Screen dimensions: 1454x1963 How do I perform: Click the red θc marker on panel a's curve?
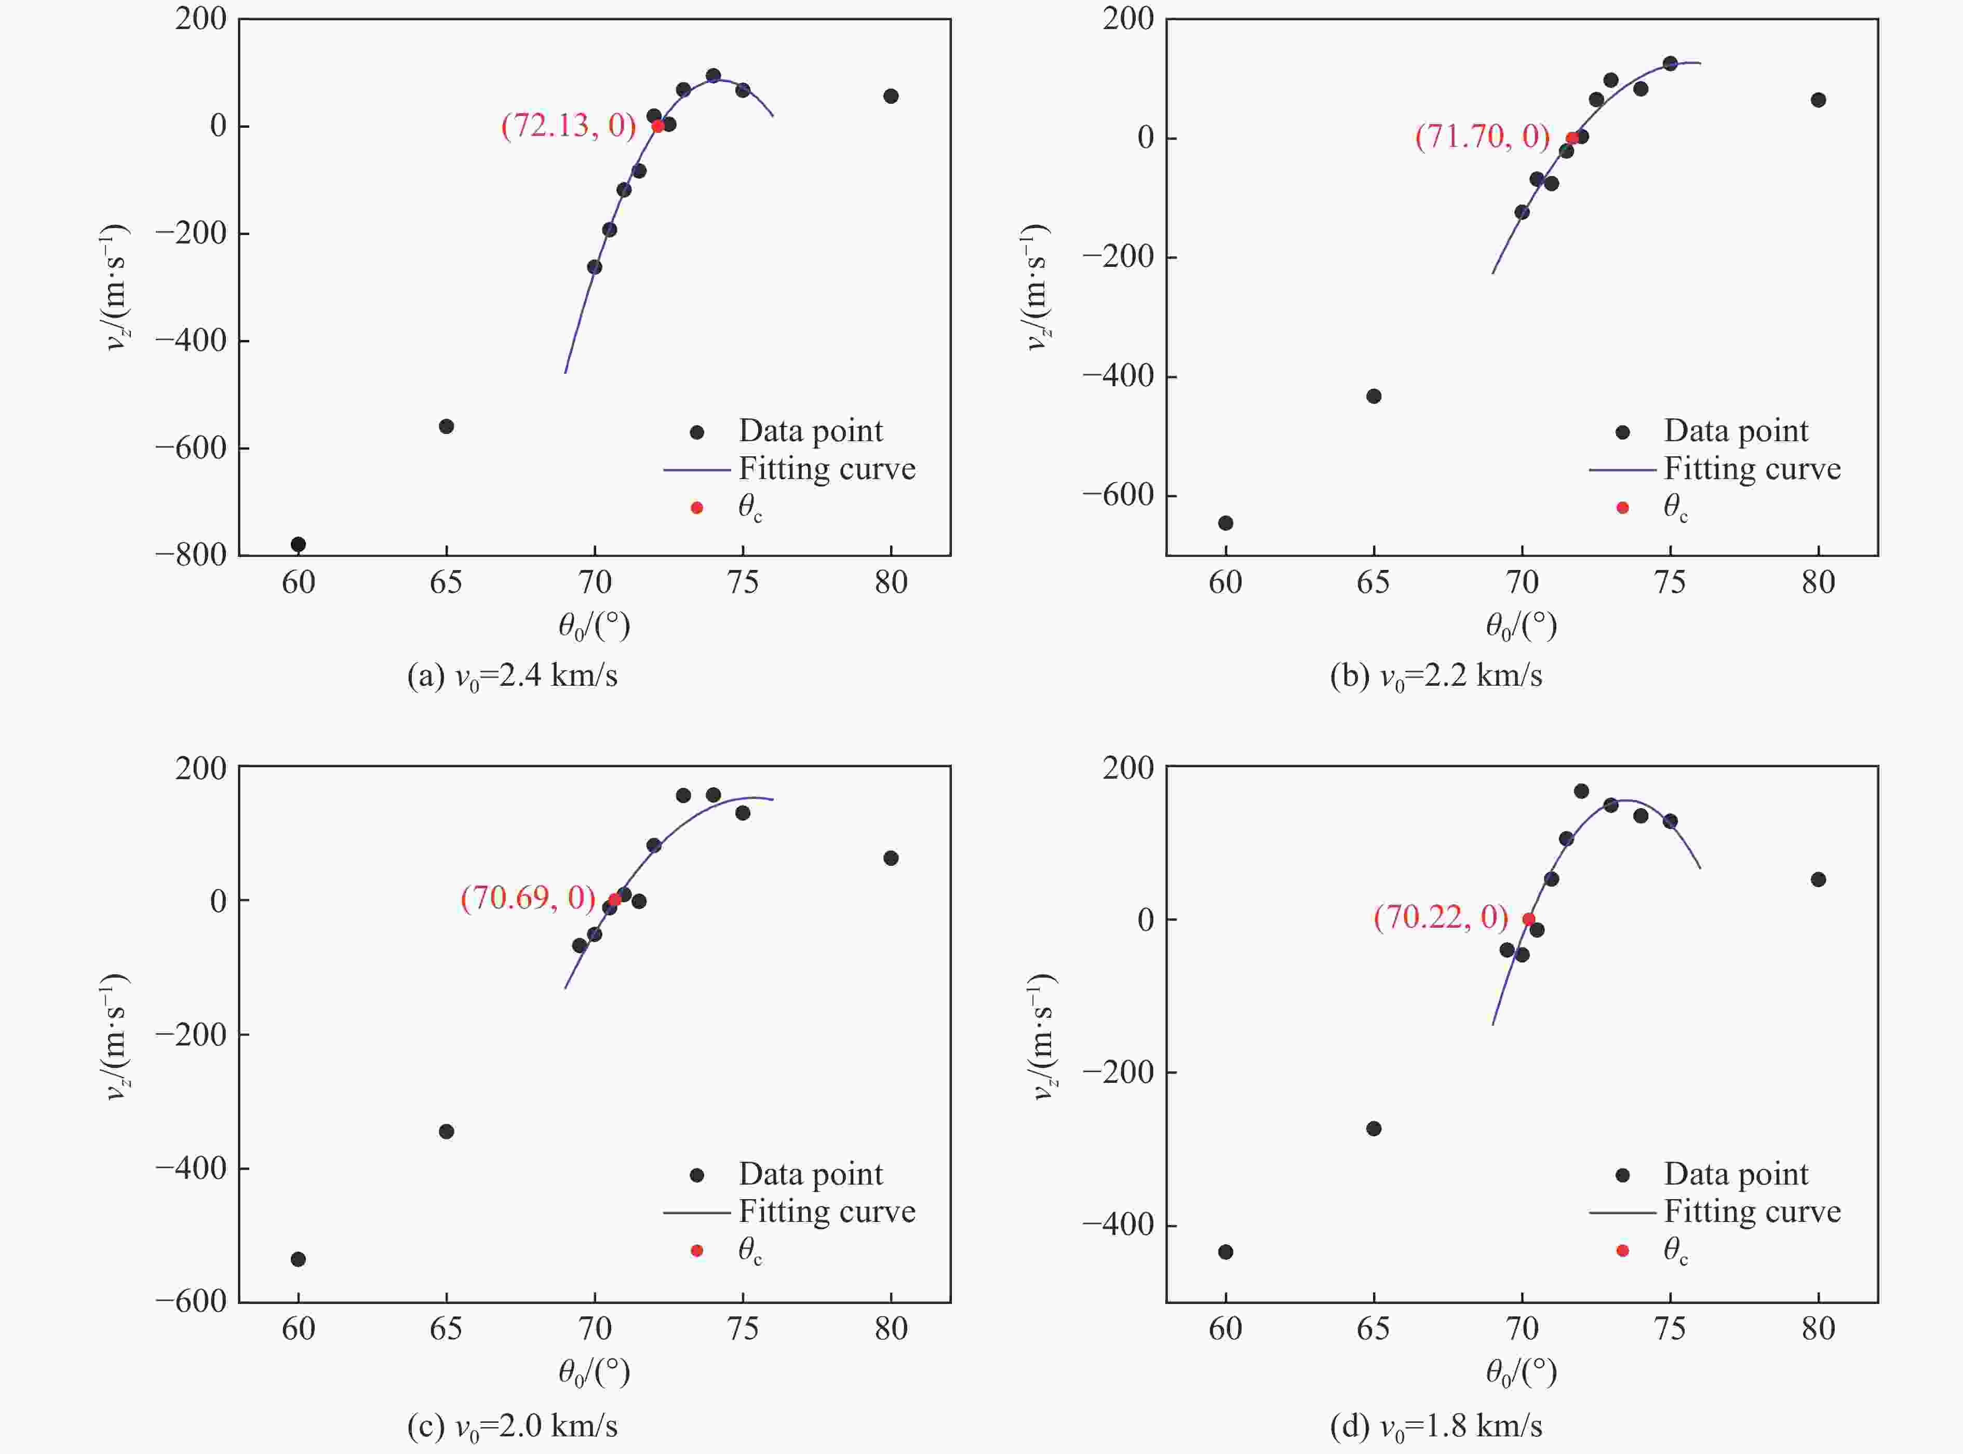click(657, 126)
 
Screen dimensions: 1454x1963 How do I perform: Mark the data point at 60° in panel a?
click(299, 544)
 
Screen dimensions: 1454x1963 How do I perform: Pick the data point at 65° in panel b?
click(1373, 396)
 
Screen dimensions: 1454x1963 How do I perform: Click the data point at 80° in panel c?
click(891, 858)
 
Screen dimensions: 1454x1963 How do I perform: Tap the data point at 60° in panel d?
click(1226, 1252)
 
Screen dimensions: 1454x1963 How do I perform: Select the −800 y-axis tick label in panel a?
click(191, 554)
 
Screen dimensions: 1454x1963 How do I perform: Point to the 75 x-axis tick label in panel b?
click(1670, 582)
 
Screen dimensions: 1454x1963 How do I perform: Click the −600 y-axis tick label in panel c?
click(191, 1301)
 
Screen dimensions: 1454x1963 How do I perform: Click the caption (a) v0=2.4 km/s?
click(513, 676)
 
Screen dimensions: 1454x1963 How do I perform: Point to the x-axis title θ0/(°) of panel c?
click(594, 1371)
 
